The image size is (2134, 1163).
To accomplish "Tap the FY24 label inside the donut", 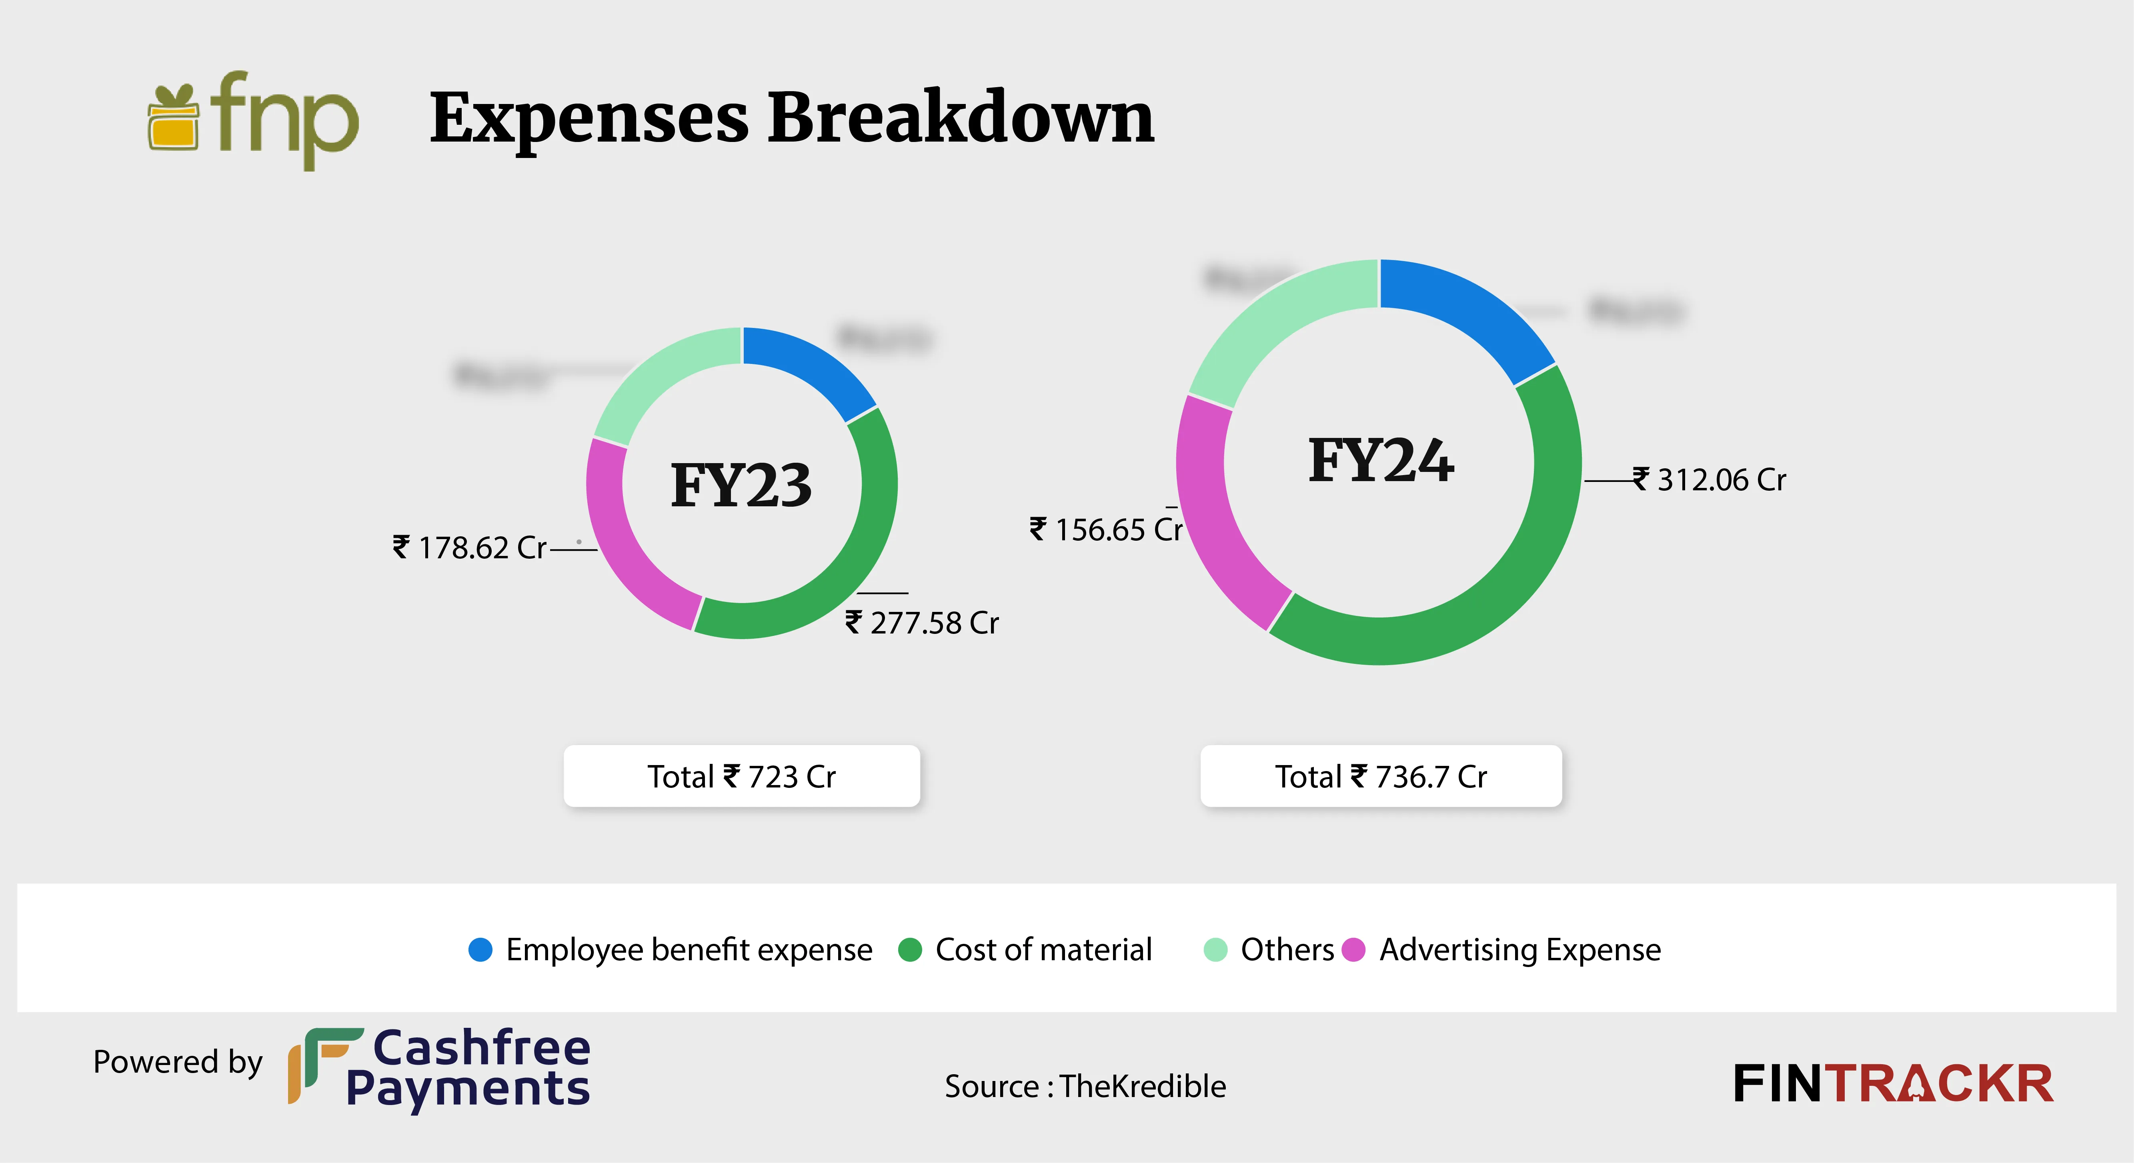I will (1381, 462).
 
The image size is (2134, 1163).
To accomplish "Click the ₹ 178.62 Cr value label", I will (470, 548).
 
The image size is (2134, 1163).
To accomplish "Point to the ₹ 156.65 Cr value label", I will (1106, 530).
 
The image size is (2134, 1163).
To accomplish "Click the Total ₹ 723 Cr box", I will (741, 776).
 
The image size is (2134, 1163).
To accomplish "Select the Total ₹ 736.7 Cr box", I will (1381, 776).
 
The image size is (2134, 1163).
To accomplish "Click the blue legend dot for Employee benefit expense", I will (480, 949).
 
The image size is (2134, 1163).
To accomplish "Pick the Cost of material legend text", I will (1043, 949).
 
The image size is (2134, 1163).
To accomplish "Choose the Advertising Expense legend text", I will (1519, 949).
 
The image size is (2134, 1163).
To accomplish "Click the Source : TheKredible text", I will (1085, 1086).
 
